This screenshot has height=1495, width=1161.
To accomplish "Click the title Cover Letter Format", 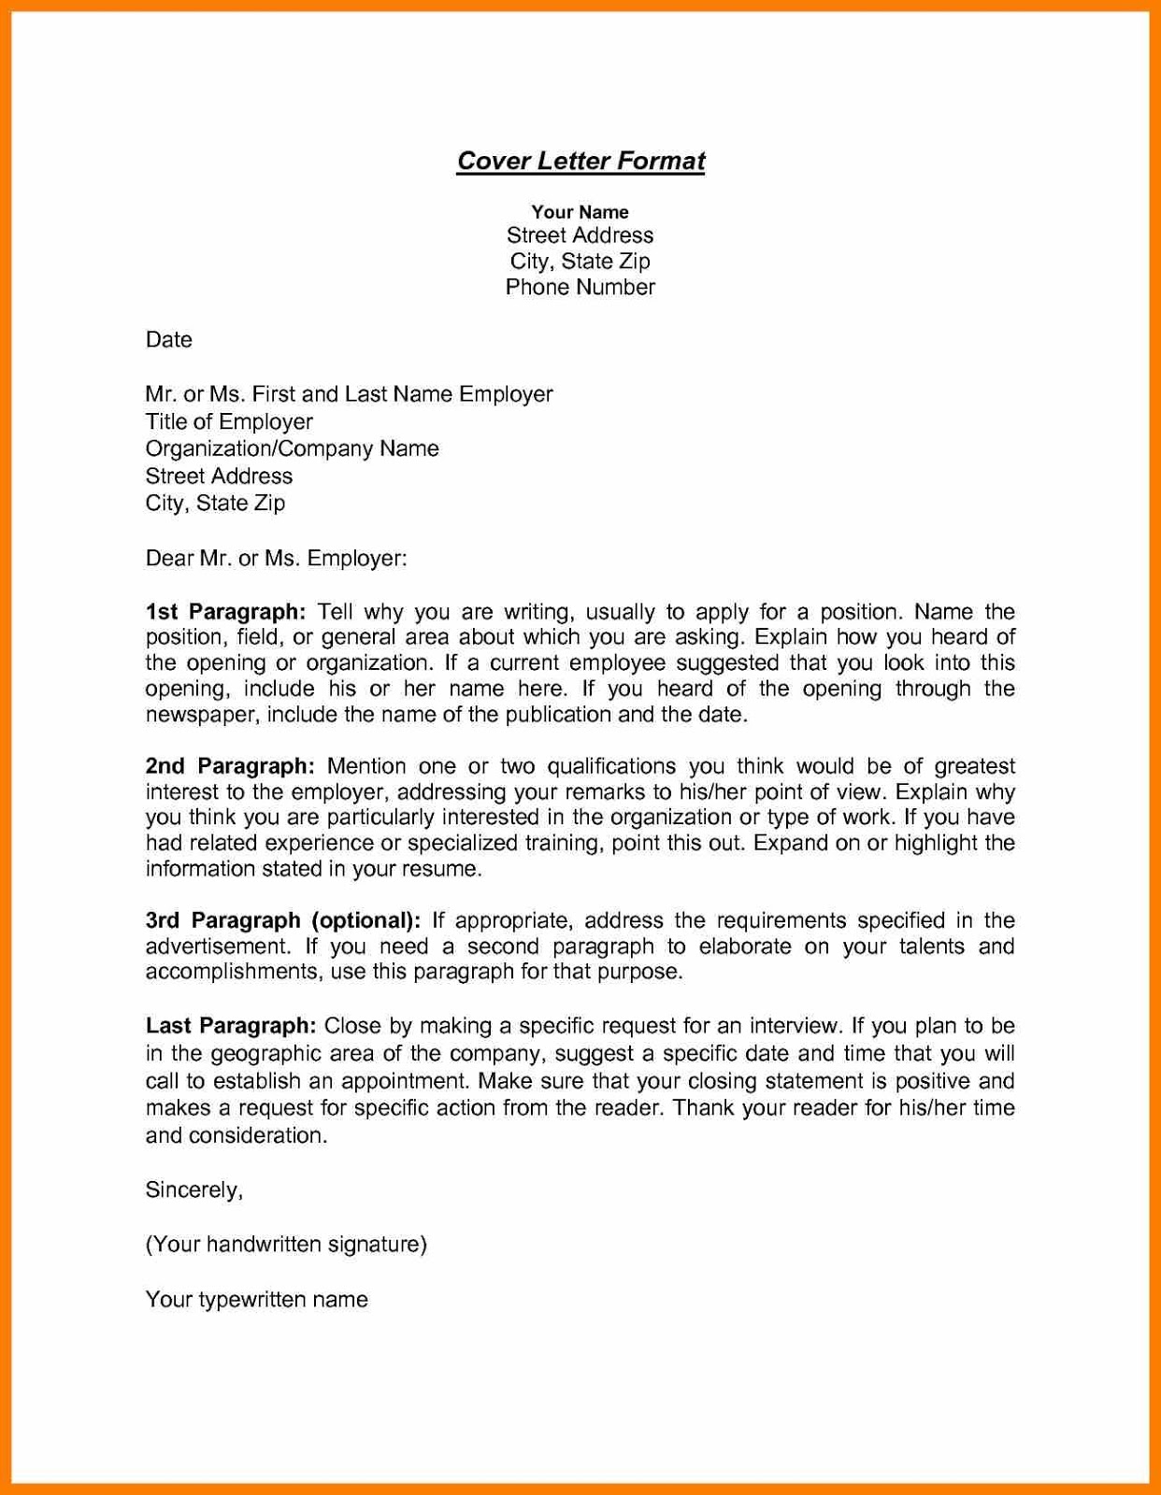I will [580, 161].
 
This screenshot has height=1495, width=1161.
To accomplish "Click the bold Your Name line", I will [580, 212].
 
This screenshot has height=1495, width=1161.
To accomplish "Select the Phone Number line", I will [580, 287].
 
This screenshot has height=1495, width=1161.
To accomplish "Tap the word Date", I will [169, 339].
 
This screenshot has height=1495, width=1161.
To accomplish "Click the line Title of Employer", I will [229, 421].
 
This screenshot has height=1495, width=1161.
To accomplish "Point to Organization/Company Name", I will [292, 448].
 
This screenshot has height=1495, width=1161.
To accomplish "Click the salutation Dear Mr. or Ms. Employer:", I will [276, 559].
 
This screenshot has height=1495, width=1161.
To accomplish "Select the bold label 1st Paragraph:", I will [225, 612].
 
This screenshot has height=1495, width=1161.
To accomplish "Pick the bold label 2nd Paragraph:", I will [230, 766].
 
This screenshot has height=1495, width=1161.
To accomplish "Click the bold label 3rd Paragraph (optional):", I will [282, 920].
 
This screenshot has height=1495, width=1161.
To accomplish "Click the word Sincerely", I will [193, 1189].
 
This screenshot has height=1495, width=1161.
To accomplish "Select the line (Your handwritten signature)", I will [286, 1244].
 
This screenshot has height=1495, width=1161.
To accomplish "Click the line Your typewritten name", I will [256, 1300].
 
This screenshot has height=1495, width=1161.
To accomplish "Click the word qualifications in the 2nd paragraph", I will [610, 766].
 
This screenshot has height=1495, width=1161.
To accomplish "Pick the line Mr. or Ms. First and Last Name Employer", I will [349, 394].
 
